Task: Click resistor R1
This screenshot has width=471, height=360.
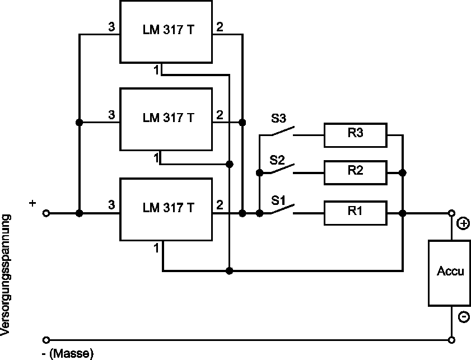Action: coord(355,213)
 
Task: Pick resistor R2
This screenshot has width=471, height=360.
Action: coord(355,172)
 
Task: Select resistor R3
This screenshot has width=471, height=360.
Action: coord(355,134)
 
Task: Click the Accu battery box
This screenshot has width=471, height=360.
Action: coord(450,273)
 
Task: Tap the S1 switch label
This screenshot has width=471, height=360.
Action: coord(278,200)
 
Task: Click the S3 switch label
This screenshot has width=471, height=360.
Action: coord(278,119)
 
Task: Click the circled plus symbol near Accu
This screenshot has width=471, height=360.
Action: coord(463,224)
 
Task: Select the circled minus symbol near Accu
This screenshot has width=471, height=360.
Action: coord(463,317)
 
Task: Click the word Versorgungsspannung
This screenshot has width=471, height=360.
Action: coord(6,277)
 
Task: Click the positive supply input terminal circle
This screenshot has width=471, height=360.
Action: coord(46,213)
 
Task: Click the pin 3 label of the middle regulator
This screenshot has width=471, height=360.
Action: coord(111,115)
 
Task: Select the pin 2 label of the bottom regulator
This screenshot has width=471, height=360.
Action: coord(220,205)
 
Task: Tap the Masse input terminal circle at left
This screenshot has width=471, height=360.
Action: coord(46,340)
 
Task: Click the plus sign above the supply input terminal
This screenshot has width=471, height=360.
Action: coord(32,203)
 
